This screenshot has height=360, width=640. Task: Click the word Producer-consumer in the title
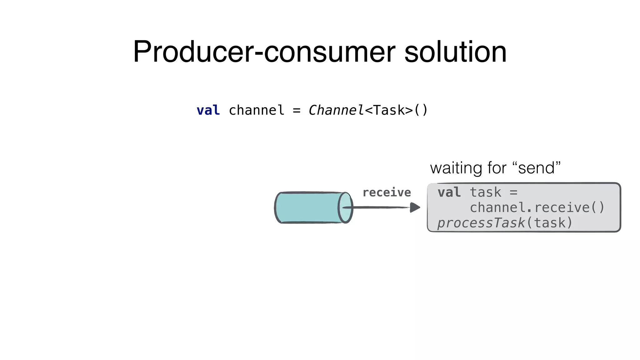(x=264, y=52)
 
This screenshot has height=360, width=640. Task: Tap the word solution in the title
(x=455, y=52)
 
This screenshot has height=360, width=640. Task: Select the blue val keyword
(x=208, y=110)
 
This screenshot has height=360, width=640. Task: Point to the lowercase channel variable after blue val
(x=257, y=110)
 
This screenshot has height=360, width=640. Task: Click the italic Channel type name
(x=336, y=110)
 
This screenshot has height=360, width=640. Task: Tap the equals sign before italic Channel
(x=297, y=110)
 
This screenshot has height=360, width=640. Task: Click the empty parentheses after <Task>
(x=421, y=110)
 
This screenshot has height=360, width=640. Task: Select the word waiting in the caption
(x=457, y=168)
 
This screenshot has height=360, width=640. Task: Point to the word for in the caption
(x=497, y=168)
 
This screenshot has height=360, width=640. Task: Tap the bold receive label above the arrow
(x=387, y=192)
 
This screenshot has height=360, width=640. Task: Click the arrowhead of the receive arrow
(x=415, y=207)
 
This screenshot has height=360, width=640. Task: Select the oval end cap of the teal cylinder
(x=345, y=207)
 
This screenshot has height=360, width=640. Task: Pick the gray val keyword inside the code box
(x=449, y=192)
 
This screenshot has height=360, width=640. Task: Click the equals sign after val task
(x=513, y=192)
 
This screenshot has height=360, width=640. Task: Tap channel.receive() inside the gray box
(x=537, y=207)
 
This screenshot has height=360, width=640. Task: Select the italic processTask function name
(x=481, y=223)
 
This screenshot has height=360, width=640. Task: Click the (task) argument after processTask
(x=550, y=223)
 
